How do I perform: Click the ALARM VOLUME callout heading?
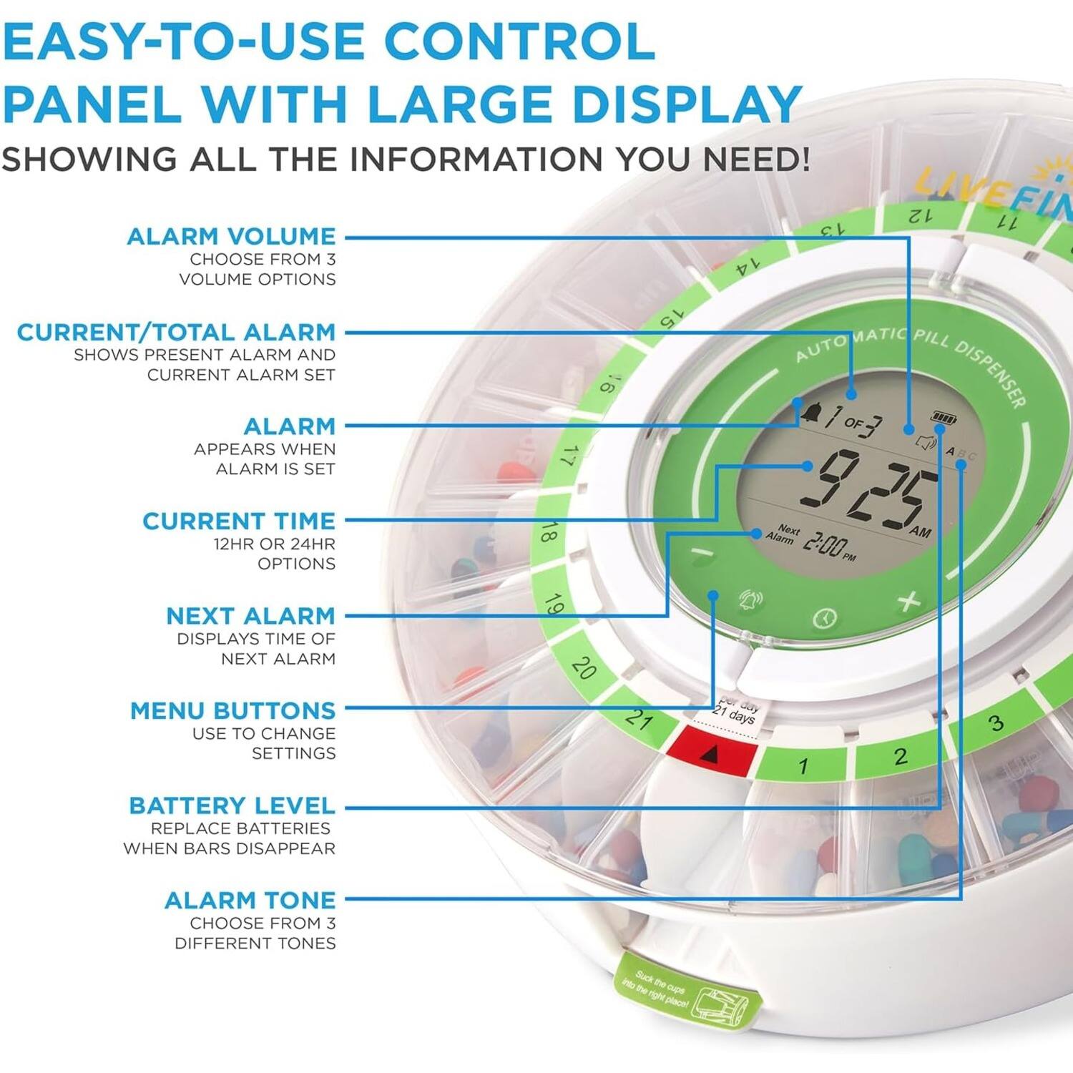(x=231, y=236)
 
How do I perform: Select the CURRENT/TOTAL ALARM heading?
(x=176, y=332)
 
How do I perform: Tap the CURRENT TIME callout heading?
(x=238, y=521)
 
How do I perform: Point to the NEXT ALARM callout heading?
(x=250, y=615)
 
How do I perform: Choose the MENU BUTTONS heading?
(x=232, y=710)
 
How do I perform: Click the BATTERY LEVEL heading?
(x=232, y=805)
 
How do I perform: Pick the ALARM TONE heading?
(x=250, y=900)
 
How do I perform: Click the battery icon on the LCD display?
(x=943, y=417)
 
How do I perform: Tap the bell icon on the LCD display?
(x=811, y=413)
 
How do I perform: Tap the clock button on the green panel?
(x=825, y=617)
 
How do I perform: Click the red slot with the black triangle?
(x=715, y=751)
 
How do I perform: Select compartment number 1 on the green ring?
(x=803, y=765)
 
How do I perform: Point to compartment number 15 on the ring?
(x=671, y=318)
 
